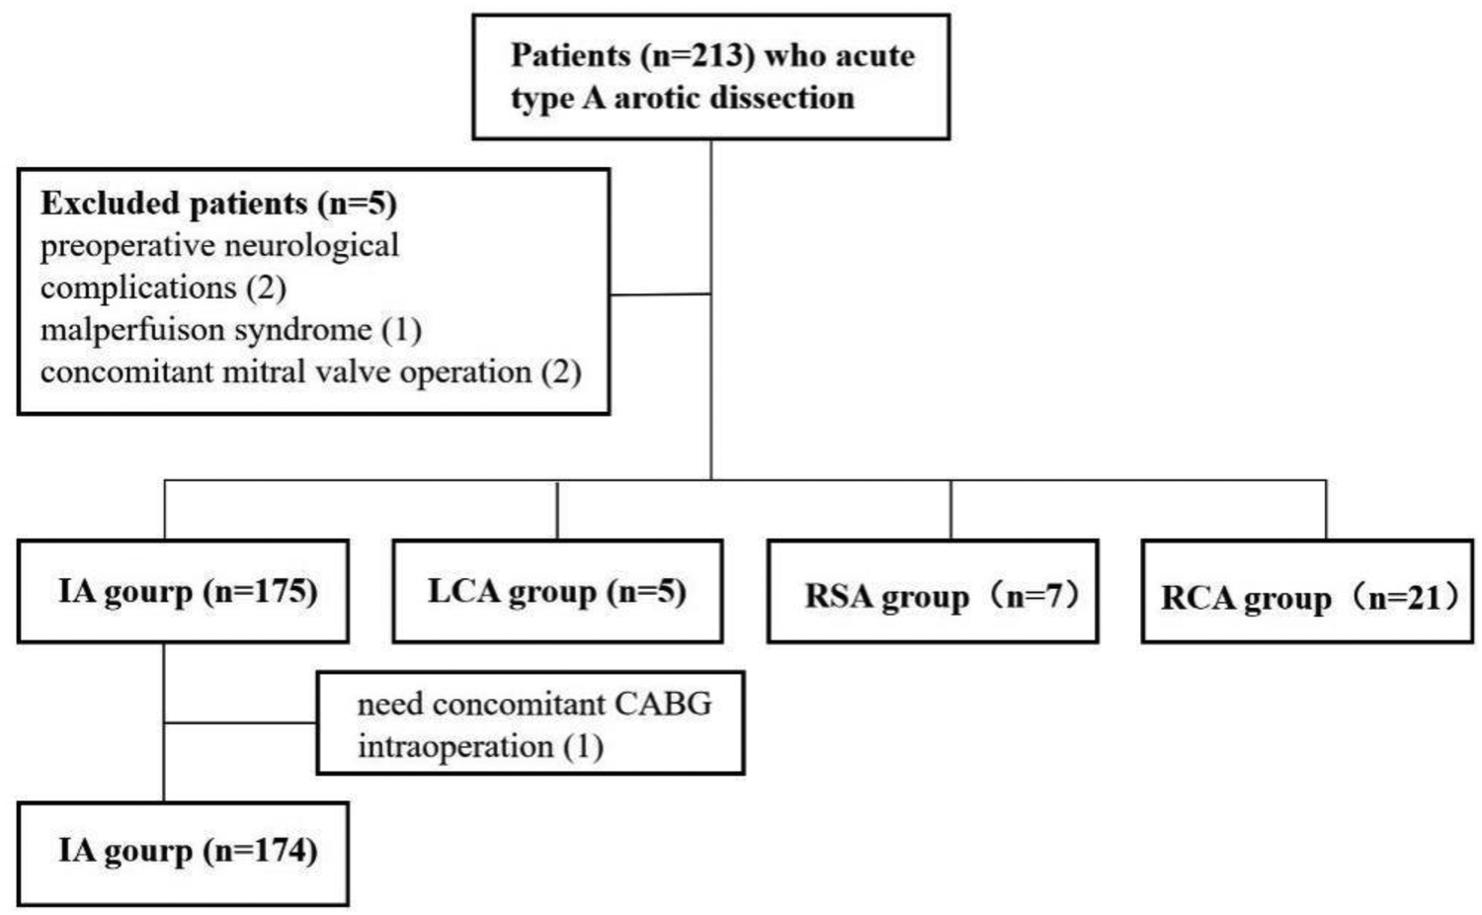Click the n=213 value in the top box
click(x=698, y=55)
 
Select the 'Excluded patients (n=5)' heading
click(x=218, y=204)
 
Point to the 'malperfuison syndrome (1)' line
click(x=230, y=329)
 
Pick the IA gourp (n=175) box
click(x=184, y=592)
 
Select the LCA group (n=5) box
click(x=557, y=592)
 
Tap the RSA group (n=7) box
click(x=933, y=592)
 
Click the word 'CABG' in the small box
click(x=663, y=704)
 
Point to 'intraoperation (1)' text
click(x=480, y=746)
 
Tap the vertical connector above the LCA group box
click(x=557, y=510)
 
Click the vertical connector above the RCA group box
click(x=1326, y=510)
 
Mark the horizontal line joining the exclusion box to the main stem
click(x=660, y=294)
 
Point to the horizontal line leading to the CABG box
click(x=240, y=723)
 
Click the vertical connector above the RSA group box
click(x=950, y=510)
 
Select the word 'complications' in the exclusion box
click(x=138, y=288)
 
